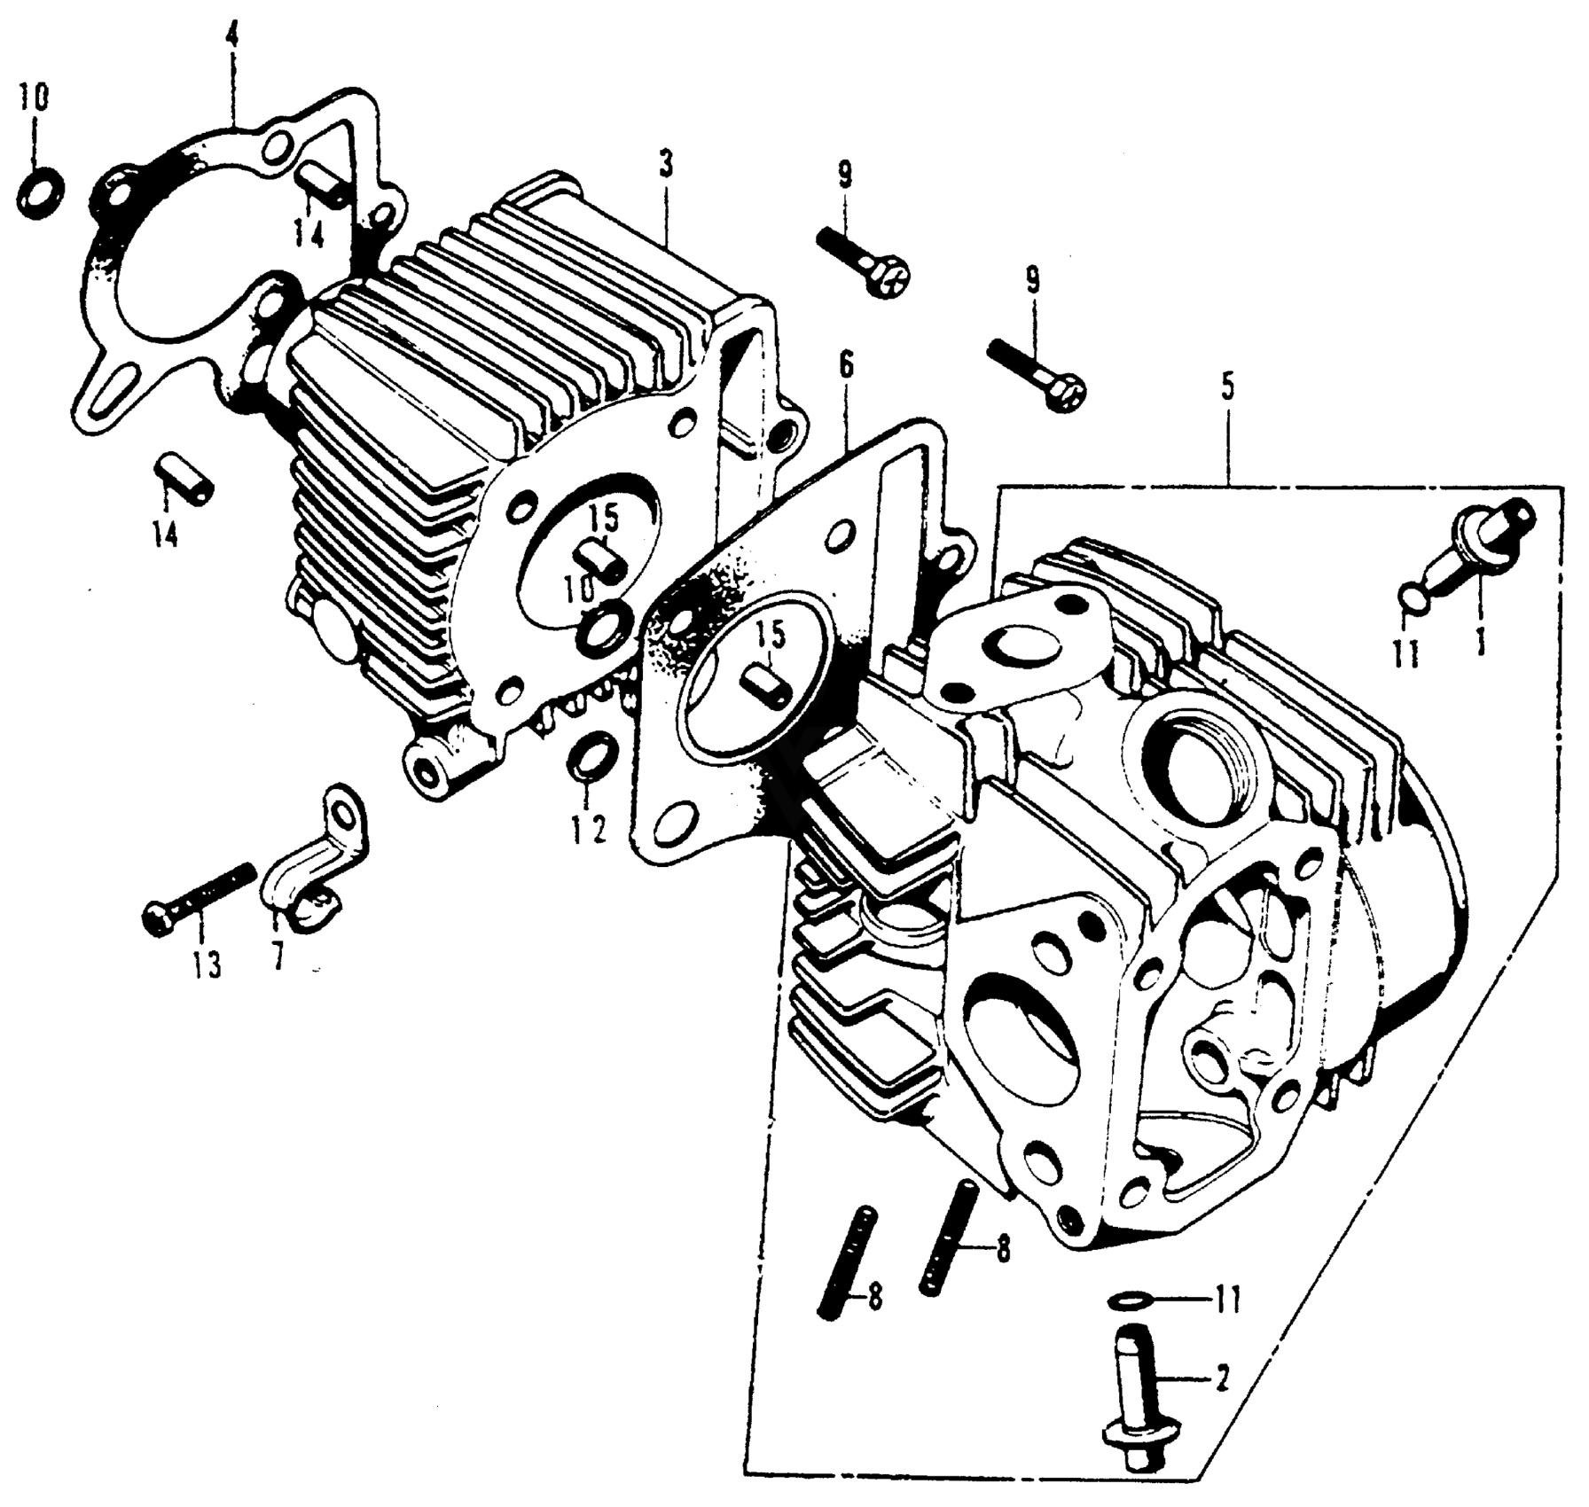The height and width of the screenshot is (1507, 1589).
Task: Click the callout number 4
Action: coord(232,40)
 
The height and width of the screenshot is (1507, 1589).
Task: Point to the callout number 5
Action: coord(1227,388)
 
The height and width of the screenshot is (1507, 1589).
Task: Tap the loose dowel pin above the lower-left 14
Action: coord(185,480)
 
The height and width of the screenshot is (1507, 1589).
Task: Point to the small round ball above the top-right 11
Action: coord(1412,597)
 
